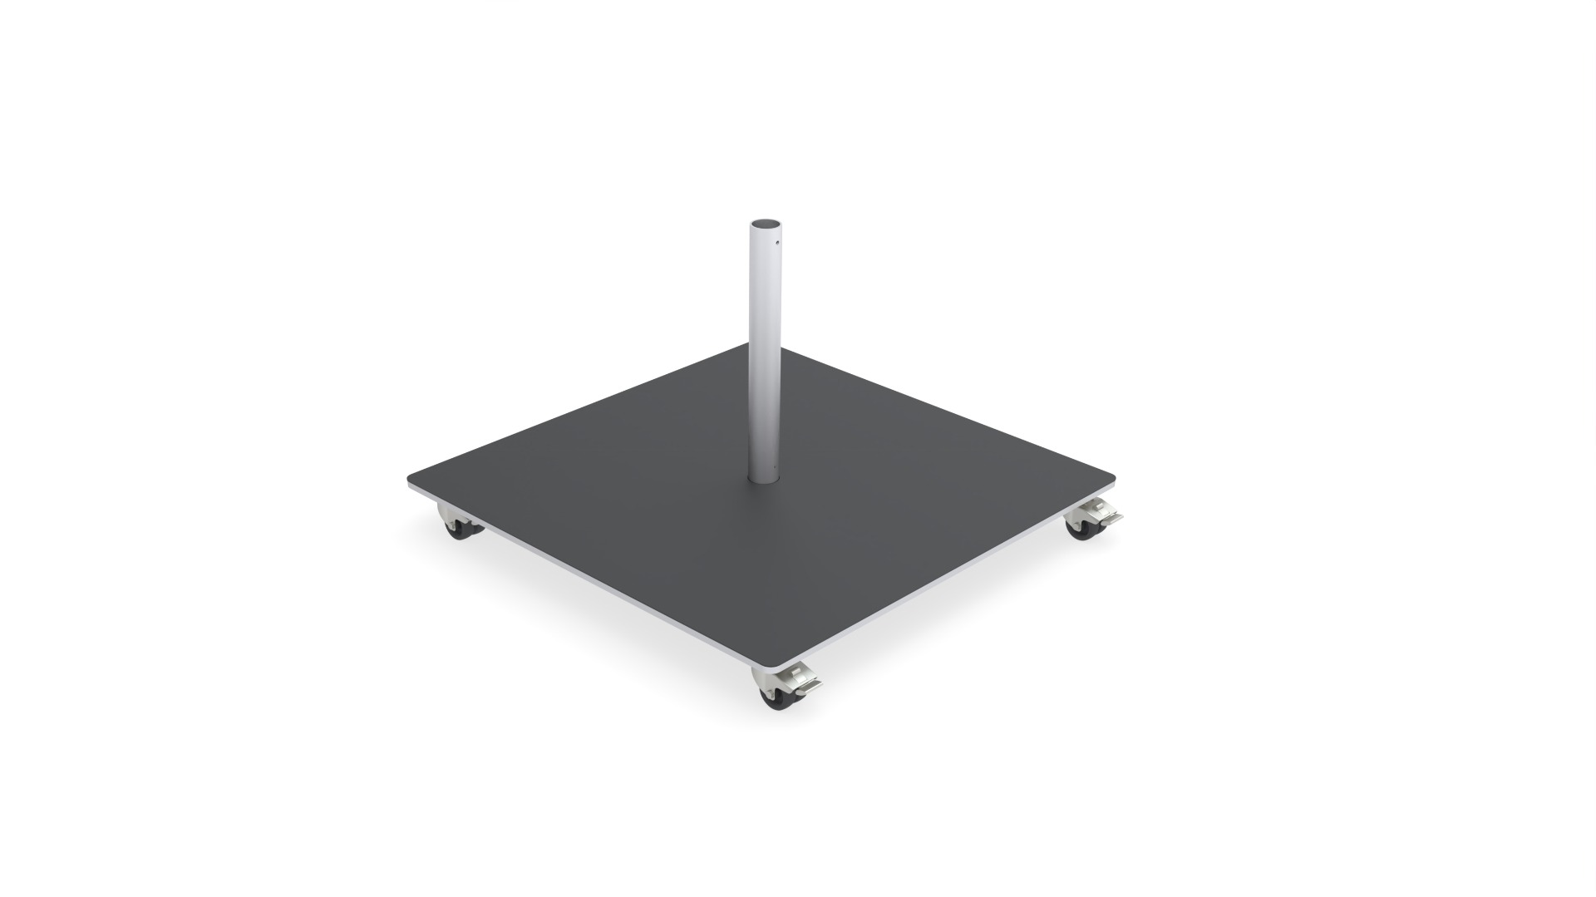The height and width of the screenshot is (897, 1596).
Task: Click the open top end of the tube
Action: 766,224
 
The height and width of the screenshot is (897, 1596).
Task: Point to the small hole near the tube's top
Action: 776,244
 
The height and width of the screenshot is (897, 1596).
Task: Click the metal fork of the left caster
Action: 451,519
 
